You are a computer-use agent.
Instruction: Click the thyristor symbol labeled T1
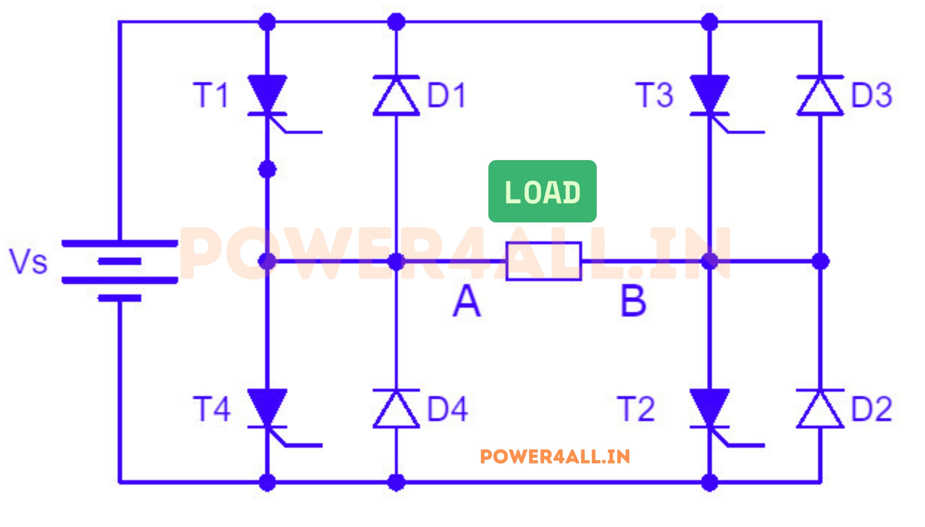click(267, 95)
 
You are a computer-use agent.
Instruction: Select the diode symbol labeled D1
click(396, 96)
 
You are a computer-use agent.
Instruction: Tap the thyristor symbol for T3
click(709, 95)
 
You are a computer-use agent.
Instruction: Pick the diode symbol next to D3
click(820, 96)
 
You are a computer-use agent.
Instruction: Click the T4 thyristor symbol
click(267, 408)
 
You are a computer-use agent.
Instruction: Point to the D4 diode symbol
click(396, 409)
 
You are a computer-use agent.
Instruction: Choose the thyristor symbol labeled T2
click(709, 408)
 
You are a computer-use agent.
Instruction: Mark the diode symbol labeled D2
click(820, 409)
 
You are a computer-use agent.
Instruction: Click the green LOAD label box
click(542, 191)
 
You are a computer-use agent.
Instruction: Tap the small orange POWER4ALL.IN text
click(555, 457)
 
